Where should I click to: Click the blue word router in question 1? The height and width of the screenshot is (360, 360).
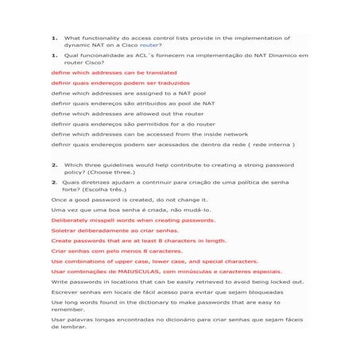point(150,45)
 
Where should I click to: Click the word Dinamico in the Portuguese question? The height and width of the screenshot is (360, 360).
point(261,56)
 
